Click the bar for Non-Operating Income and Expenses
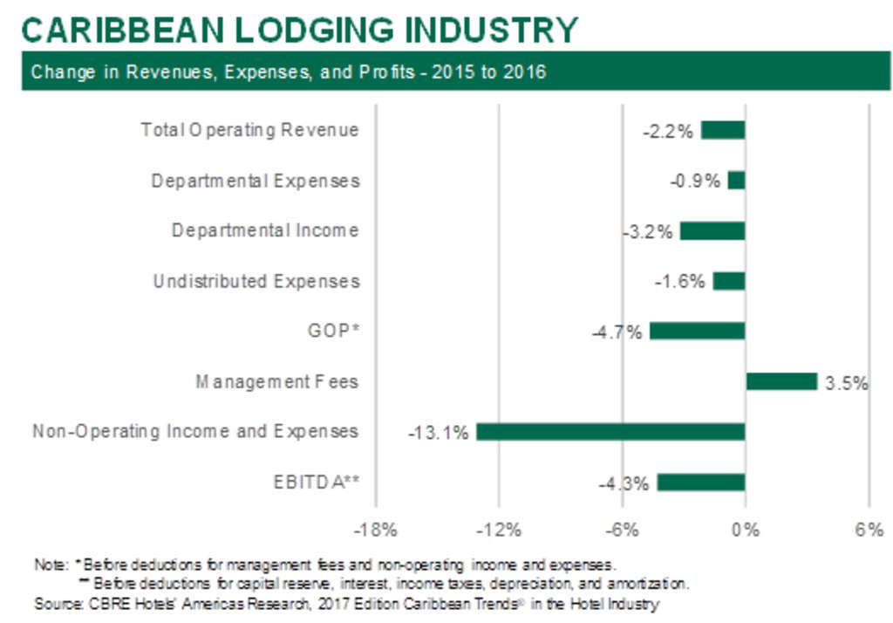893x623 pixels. click(610, 432)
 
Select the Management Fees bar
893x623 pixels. click(781, 381)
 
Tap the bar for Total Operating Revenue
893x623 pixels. click(723, 130)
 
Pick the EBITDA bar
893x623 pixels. click(701, 483)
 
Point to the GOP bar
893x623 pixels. click(697, 331)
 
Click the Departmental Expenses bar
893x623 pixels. click(737, 181)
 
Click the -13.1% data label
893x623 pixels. click(438, 432)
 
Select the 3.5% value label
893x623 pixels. click(846, 382)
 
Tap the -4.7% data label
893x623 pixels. click(620, 332)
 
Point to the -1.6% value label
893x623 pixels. click(679, 282)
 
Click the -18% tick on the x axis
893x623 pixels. click(376, 530)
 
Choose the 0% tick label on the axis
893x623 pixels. click(746, 530)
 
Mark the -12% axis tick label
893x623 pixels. click(499, 530)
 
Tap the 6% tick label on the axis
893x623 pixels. click(869, 530)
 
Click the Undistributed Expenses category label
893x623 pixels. click(256, 282)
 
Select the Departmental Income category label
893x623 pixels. click(265, 231)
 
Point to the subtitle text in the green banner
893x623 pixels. click(289, 72)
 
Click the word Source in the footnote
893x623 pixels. click(53, 603)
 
